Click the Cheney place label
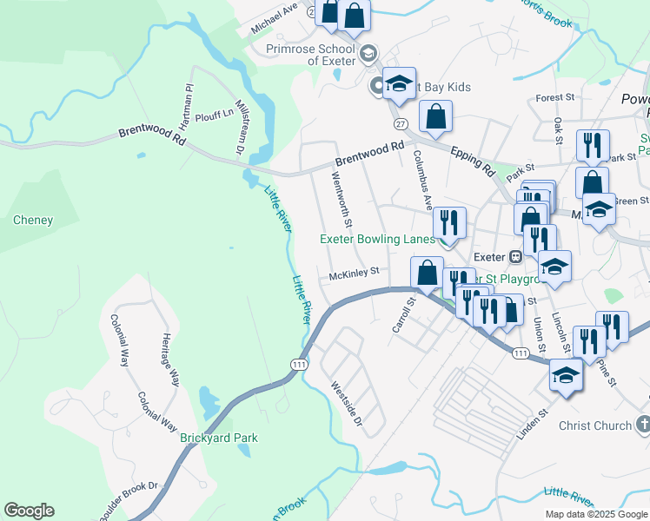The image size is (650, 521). click(33, 221)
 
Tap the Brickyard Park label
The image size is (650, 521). click(218, 438)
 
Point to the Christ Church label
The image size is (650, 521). click(594, 425)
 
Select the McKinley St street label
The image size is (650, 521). click(355, 272)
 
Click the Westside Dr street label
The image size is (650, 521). click(345, 401)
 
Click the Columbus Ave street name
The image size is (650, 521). click(422, 179)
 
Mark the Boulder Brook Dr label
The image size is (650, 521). click(129, 502)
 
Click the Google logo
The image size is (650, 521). click(29, 511)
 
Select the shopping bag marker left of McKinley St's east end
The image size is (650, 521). click(427, 272)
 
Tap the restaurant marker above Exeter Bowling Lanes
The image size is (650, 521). click(449, 221)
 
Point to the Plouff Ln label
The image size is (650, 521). click(214, 113)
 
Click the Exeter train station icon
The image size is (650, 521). click(515, 257)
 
